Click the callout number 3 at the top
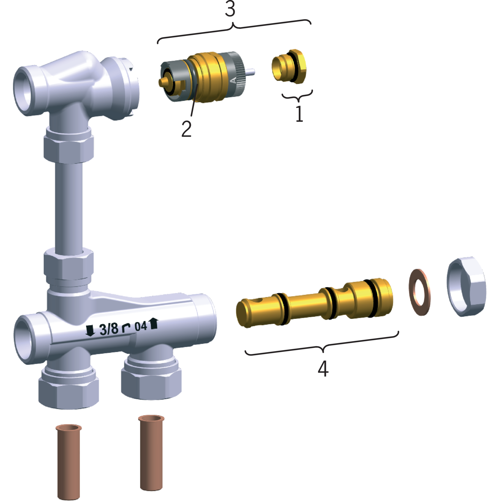pos(230,9)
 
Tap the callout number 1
pos(299,114)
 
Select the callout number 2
pos(186,129)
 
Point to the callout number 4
pos(323,369)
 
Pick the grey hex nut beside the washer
pos(466,287)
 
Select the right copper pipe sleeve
pos(151,453)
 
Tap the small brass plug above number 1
pos(289,66)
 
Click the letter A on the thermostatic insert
pos(233,80)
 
